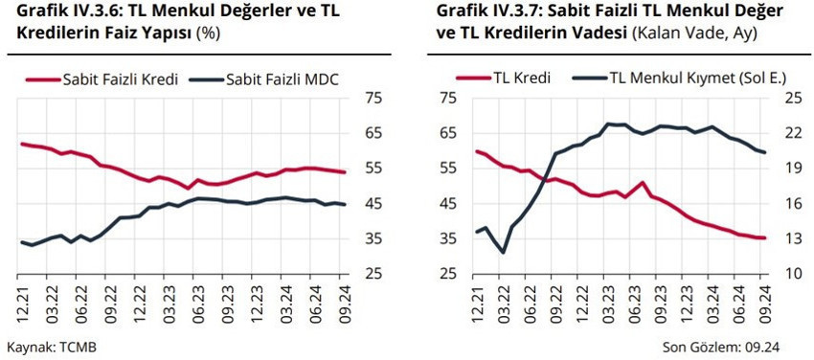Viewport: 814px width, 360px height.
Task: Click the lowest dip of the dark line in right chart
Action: [503, 252]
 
